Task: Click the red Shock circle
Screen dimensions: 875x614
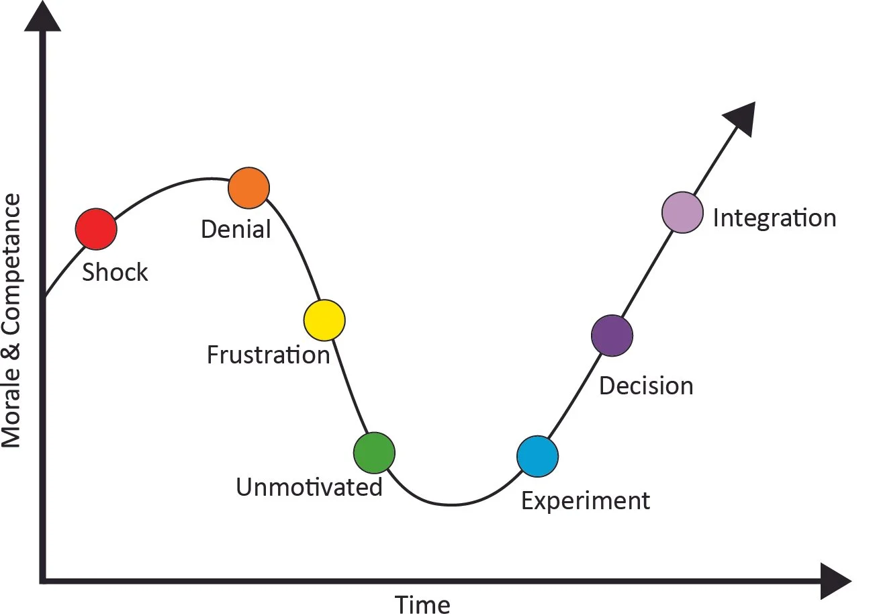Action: pos(96,229)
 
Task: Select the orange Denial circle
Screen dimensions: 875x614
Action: pos(248,187)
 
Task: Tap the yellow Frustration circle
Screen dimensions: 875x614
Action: pos(324,320)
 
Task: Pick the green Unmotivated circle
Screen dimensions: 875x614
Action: pos(374,452)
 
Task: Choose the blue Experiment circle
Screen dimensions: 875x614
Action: pos(537,456)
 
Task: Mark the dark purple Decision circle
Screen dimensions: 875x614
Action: pos(612,335)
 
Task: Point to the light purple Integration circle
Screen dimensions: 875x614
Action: pos(682,212)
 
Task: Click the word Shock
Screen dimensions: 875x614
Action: pos(115,273)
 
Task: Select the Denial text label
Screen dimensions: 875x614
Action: pos(236,230)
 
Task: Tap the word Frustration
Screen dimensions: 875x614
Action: pos(268,355)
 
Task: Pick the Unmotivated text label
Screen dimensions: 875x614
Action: pos(309,487)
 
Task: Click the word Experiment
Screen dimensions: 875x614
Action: pos(586,501)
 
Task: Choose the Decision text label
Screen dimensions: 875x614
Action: pos(646,386)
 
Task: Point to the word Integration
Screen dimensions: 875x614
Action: pos(774,218)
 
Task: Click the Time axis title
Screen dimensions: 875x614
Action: pos(422,604)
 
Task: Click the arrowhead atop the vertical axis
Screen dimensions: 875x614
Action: pos(42,17)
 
